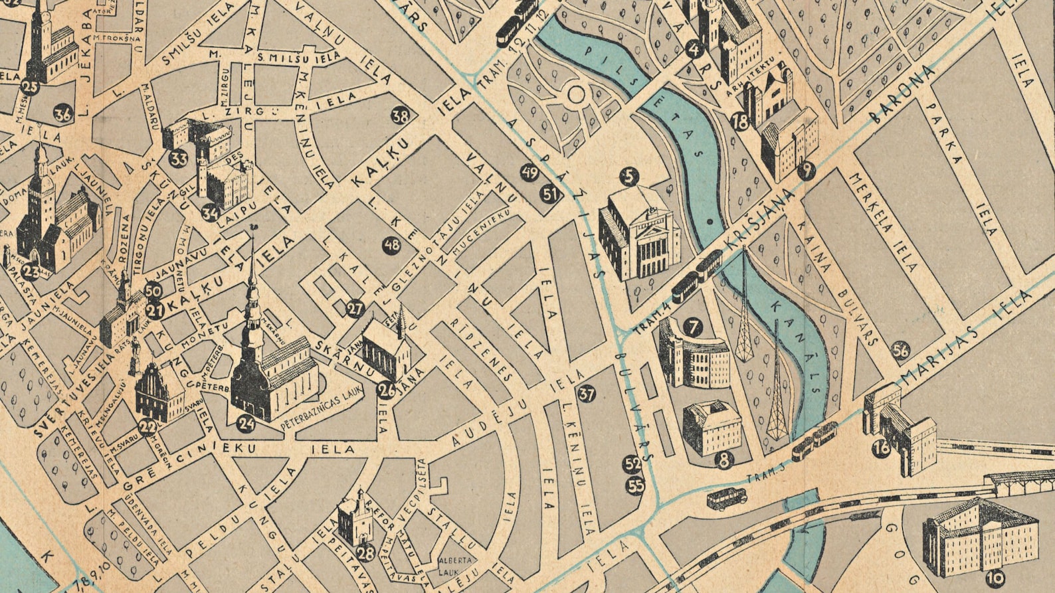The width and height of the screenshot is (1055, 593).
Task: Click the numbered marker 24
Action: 246,422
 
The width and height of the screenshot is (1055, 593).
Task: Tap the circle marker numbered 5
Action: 628,177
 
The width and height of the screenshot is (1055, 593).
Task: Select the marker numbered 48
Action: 392,245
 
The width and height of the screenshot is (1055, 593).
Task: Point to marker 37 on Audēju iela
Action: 587,394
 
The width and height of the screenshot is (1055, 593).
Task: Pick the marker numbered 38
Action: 400,116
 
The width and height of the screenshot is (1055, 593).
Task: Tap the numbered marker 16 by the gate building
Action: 882,448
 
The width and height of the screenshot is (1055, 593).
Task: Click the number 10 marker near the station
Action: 995,579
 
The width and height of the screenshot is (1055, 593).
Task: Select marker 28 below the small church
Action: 365,553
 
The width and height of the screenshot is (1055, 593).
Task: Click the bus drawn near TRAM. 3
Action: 726,497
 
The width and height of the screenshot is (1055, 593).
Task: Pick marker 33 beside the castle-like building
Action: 178,159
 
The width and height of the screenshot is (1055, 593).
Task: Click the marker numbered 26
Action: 387,389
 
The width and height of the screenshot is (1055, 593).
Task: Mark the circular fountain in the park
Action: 576,94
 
